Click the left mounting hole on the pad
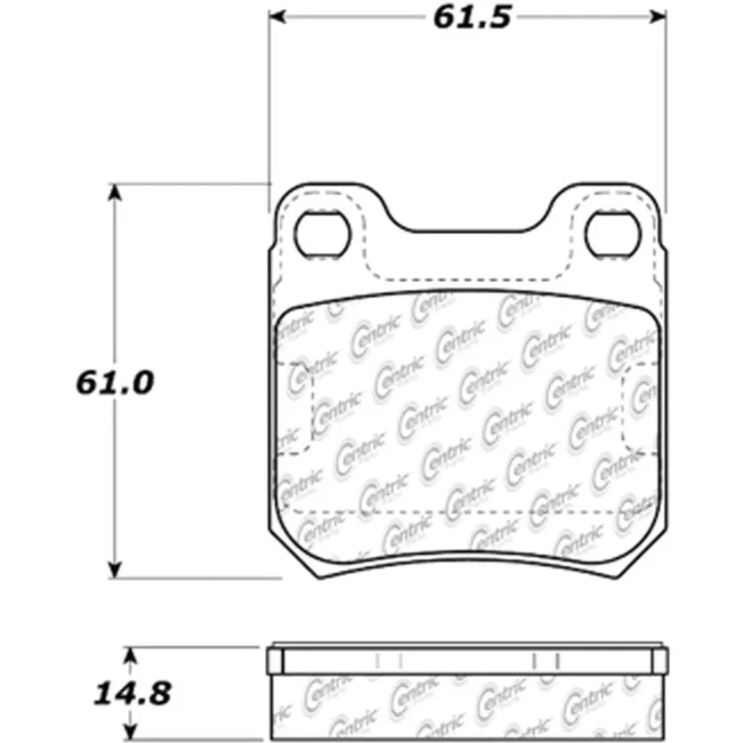tap(319, 233)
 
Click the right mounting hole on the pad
tap(613, 233)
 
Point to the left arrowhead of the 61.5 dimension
tap(279, 17)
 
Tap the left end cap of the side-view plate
tap(275, 660)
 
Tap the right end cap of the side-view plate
tap(660, 660)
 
